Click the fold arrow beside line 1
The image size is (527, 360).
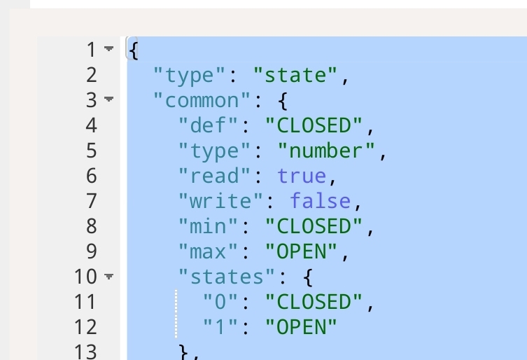point(108,48)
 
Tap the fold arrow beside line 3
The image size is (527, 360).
point(108,99)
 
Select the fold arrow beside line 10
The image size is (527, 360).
point(108,276)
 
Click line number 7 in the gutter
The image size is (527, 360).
point(92,201)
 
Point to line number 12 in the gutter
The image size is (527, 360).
point(85,327)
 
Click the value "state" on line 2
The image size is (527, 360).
point(295,75)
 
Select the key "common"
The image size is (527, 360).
point(202,100)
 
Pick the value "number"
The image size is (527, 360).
point(326,151)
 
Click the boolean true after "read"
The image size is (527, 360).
point(302,176)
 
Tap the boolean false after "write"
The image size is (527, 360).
point(321,201)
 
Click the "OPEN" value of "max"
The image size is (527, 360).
point(302,251)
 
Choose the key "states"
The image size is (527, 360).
point(227,277)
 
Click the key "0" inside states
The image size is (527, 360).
point(220,302)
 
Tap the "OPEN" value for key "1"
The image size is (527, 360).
point(302,327)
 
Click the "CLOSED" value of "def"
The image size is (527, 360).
point(314,125)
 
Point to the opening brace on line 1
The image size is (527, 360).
point(134,50)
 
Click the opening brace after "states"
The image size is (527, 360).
point(308,277)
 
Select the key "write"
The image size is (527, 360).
point(220,201)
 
